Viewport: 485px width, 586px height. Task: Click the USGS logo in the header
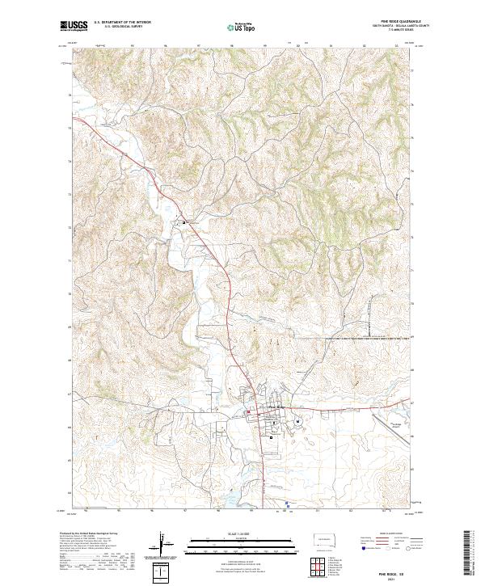(x=74, y=27)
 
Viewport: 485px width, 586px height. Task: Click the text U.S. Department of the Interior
(x=122, y=23)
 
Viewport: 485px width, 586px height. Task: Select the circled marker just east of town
(x=297, y=421)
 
